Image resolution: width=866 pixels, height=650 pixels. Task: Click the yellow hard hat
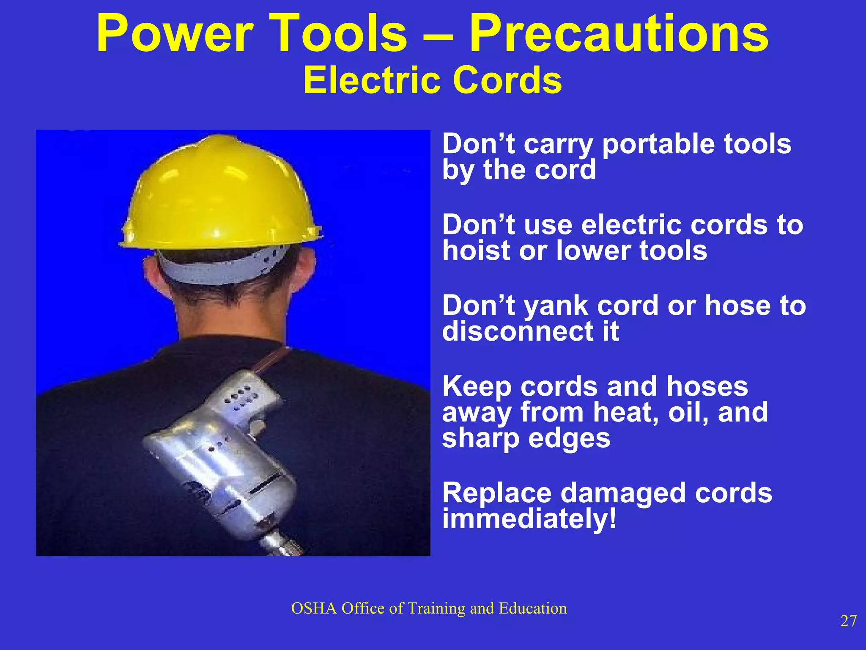pos(220,195)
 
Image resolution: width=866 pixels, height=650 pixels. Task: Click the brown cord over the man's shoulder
pos(273,360)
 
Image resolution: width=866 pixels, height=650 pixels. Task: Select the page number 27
pos(848,621)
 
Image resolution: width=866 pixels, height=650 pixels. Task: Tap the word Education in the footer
pos(533,608)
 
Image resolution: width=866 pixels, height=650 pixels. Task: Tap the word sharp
pos(480,439)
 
